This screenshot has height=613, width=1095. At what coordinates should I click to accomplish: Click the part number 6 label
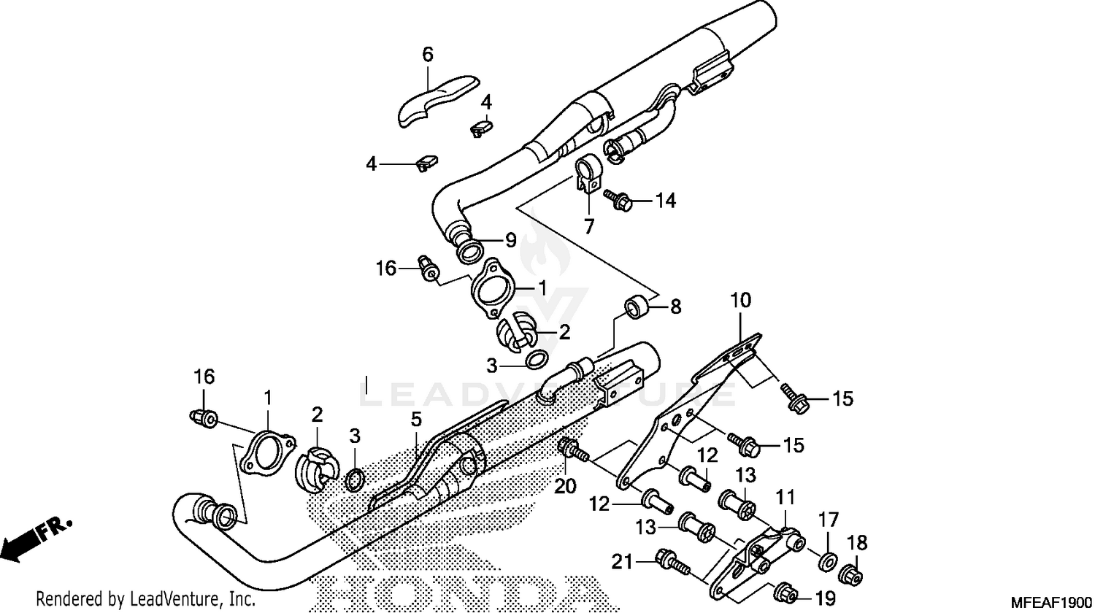pos(428,54)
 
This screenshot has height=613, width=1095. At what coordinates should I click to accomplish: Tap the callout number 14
pos(665,200)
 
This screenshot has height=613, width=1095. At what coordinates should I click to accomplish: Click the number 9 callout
pos(510,239)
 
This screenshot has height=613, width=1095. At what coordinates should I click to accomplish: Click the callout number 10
pos(740,300)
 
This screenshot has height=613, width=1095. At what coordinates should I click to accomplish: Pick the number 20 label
pos(566,485)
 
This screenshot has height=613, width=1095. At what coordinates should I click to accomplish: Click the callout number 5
pos(415,420)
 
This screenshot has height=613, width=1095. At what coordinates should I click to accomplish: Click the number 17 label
pos(829,520)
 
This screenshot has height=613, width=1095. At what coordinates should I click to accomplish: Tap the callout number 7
pos(588,225)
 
